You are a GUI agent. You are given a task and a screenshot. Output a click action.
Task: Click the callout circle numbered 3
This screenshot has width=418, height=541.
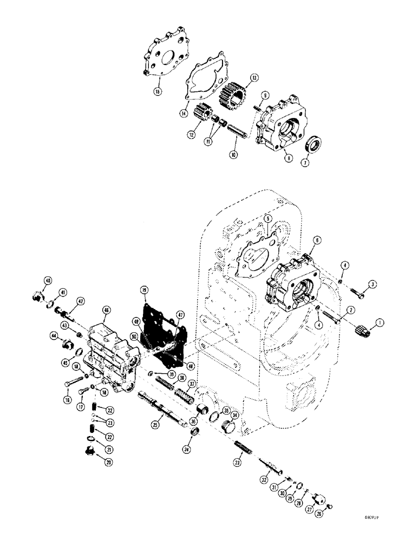[x=373, y=284]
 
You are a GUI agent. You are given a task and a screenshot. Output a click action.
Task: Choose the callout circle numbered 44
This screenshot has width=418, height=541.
[x=54, y=336]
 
